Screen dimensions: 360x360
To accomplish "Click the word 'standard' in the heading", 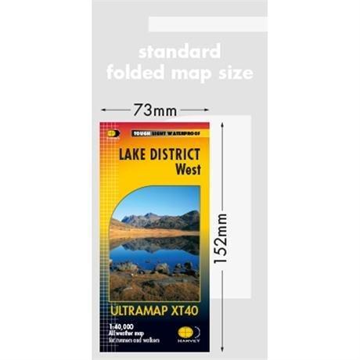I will tap(179, 52).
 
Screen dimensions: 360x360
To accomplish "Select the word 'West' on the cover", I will tap(187, 167).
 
